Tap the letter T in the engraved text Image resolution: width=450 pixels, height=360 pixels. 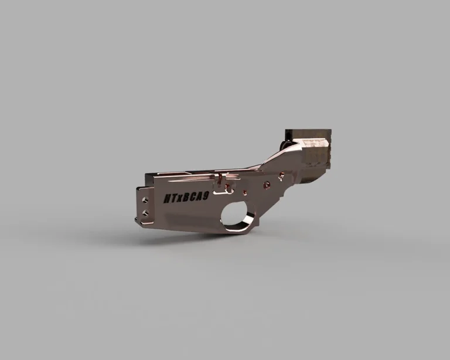(x=174, y=199)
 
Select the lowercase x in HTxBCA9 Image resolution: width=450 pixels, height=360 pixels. (x=181, y=199)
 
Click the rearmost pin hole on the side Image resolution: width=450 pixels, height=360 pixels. (x=284, y=174)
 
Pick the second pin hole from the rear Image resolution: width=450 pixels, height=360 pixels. (x=267, y=184)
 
